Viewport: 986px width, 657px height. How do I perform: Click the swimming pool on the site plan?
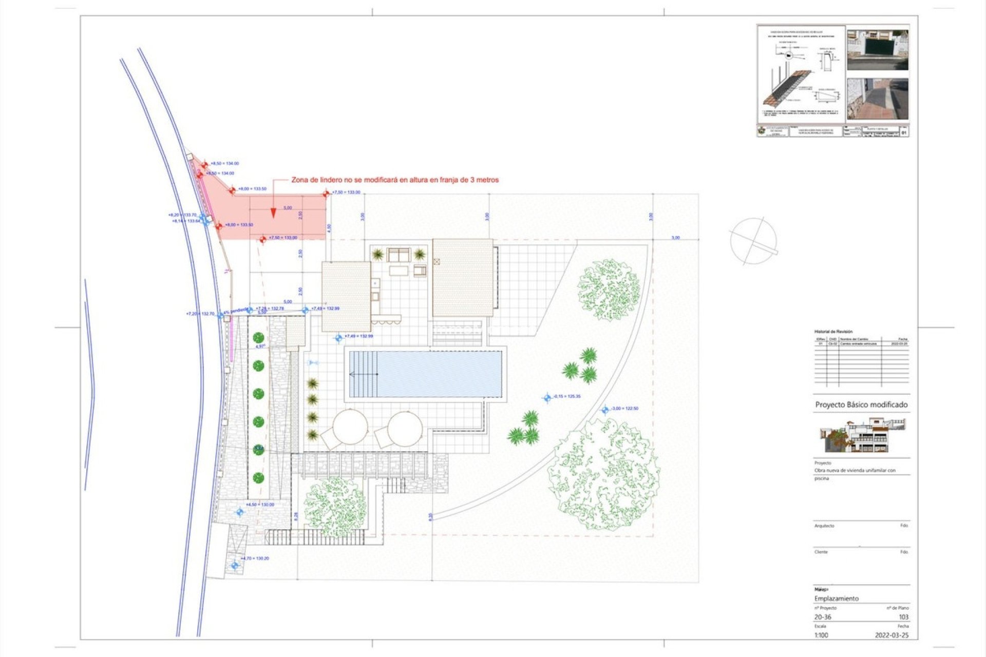coord(425,374)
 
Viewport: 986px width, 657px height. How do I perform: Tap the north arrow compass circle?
coord(753,241)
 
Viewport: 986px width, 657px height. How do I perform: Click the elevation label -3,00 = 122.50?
coord(624,409)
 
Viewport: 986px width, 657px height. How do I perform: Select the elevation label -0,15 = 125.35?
coord(567,396)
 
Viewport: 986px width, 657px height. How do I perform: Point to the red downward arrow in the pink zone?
coord(273,210)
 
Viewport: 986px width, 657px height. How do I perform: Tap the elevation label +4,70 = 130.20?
coord(255,558)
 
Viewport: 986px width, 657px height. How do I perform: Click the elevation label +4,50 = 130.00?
coord(260,505)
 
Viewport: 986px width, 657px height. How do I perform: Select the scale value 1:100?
coord(821,635)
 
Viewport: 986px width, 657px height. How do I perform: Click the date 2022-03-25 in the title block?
coord(892,635)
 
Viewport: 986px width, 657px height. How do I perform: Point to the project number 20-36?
coord(822,617)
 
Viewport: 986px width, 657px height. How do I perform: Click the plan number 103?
coord(903,617)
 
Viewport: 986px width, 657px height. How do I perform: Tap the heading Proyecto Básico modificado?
coord(861,404)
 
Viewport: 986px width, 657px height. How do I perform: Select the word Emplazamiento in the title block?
coord(836,598)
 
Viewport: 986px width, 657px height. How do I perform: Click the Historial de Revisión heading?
coord(833,332)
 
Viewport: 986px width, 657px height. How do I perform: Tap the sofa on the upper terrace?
coord(399,255)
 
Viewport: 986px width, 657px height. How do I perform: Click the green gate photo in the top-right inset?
coord(878,50)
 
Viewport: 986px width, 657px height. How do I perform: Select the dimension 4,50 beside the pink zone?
coord(329,228)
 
